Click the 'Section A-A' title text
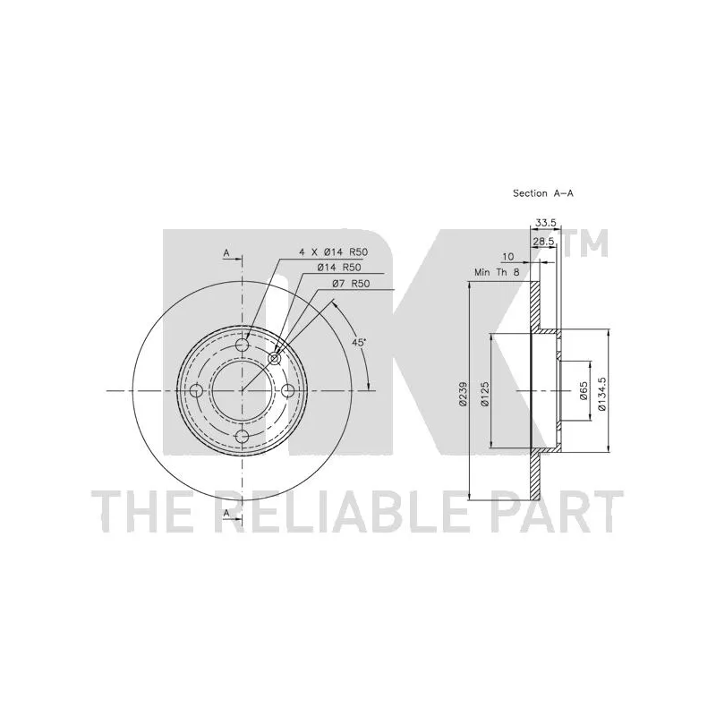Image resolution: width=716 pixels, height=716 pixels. coord(543,193)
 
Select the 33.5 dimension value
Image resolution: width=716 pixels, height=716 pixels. coord(546,223)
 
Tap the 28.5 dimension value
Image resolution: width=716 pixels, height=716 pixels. coord(543,241)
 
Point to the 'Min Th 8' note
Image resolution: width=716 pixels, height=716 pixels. coord(497,273)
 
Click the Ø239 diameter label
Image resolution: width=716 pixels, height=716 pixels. coord(464,394)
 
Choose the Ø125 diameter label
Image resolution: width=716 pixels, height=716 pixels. coord(484,394)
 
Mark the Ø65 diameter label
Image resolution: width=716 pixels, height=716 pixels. coord(584,391)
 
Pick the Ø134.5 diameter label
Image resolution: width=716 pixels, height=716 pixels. coord(601,393)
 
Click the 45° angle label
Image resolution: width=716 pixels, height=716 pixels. coord(359,342)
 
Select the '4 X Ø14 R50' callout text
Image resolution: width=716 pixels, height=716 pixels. coord(333,251)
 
